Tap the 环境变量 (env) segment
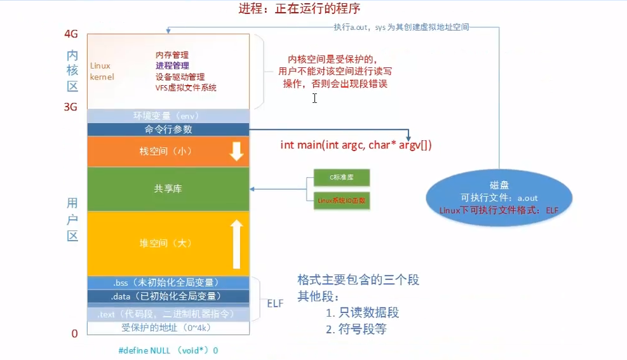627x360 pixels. tap(168, 116)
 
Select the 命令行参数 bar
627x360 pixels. tap(168, 129)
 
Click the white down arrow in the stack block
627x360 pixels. tap(236, 151)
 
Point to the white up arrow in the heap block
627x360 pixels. tap(236, 243)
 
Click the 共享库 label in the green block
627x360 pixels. tap(168, 189)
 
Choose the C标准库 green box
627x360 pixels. tap(341, 178)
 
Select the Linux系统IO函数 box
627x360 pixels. tap(341, 201)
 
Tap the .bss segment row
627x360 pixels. tap(168, 283)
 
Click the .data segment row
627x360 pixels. tap(168, 296)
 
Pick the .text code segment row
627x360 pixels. tap(168, 314)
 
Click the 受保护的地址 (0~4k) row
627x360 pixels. tap(168, 328)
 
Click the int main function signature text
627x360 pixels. tap(356, 145)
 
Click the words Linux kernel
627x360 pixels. tap(100, 70)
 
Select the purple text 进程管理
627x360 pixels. tap(172, 65)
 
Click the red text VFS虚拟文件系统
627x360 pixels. tap(185, 88)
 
